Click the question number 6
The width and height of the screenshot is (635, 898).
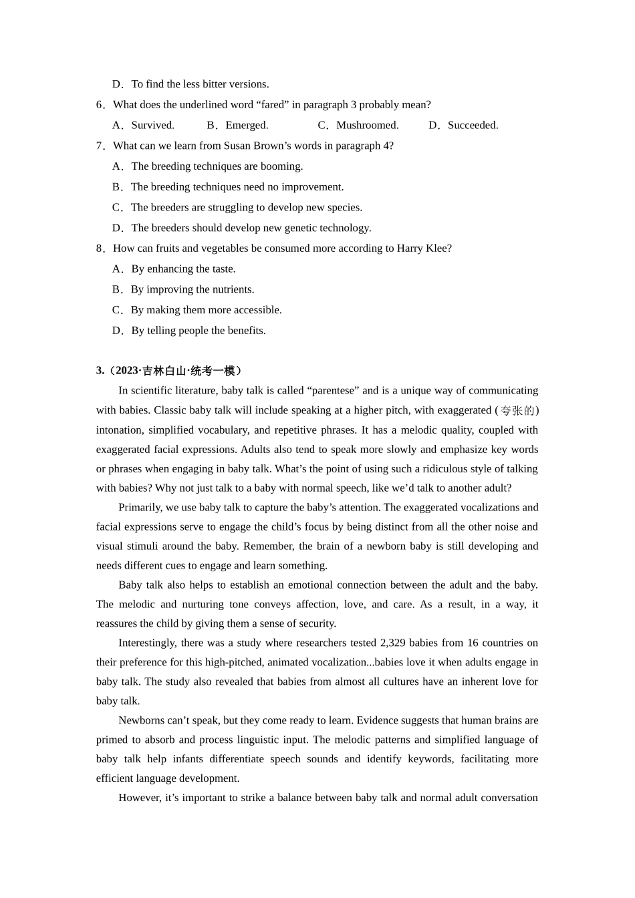click(x=100, y=105)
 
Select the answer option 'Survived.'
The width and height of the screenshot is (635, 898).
click(x=152, y=126)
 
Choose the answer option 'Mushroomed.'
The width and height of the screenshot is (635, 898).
click(x=367, y=126)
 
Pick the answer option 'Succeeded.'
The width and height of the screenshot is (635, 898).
click(x=473, y=126)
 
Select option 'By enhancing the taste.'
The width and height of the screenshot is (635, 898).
click(x=183, y=269)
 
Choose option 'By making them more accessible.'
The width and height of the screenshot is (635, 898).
click(x=206, y=310)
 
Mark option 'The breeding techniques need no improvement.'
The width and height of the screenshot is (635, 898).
click(x=237, y=187)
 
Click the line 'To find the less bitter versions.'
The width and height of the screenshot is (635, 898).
click(x=200, y=84)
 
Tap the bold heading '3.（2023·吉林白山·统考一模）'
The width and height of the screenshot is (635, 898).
click(x=169, y=371)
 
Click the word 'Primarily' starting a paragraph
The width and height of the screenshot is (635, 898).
click(x=140, y=508)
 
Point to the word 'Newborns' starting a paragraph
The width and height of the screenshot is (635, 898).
click(x=140, y=721)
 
